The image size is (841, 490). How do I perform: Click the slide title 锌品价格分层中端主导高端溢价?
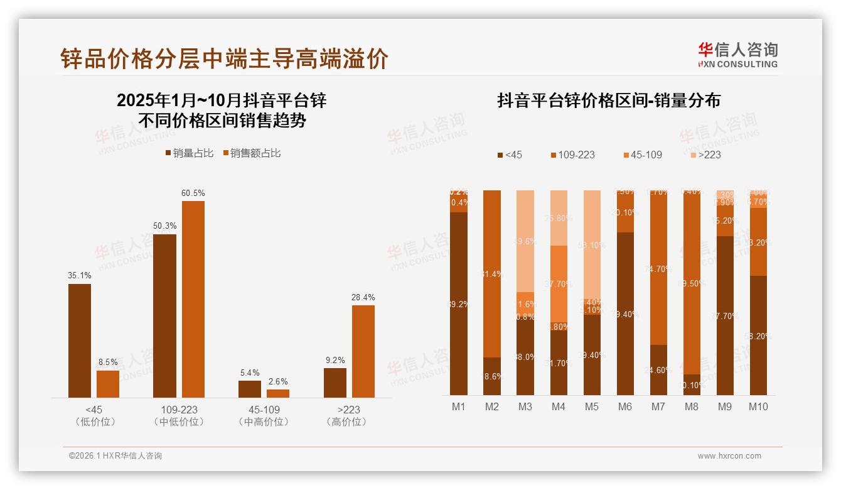coord(224,58)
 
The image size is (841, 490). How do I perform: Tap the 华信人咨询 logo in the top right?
coord(737,55)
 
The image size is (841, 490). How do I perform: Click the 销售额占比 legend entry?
coord(252,153)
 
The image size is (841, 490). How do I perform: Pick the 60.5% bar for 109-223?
coord(193,299)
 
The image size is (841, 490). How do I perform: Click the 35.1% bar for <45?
coord(80,340)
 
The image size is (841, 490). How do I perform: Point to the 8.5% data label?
coord(108,362)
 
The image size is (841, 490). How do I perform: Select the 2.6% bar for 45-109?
coord(278,393)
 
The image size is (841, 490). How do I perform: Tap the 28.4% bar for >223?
coord(363,351)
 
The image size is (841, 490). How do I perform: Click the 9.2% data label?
coord(335,360)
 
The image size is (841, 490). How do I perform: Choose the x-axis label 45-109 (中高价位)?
coord(264,415)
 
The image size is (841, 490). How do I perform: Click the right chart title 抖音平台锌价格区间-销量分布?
coord(608,101)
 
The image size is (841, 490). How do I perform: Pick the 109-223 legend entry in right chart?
coord(572,155)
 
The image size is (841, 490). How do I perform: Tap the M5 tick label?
coord(591,407)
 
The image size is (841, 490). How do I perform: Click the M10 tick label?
coord(758,407)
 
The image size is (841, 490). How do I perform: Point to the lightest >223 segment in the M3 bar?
coord(525,241)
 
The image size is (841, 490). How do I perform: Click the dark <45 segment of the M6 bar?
coord(625,314)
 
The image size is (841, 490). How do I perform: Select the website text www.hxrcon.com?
coord(729,456)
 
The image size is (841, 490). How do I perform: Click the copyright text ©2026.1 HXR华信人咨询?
coord(115,456)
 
